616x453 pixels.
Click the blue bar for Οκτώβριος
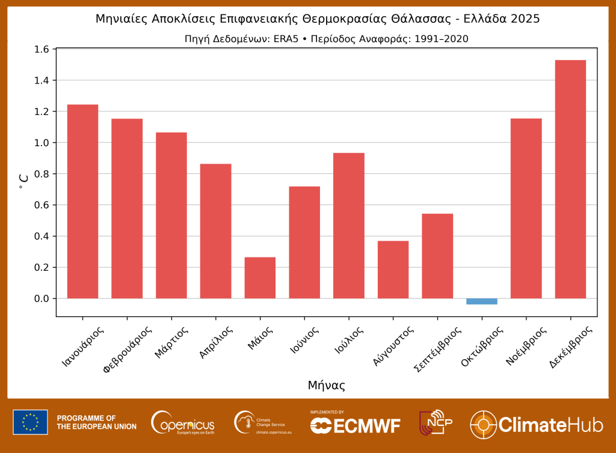pos(482,301)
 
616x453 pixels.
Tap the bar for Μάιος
pos(260,278)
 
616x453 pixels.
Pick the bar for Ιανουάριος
pos(82,202)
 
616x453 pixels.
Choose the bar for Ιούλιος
pos(348,226)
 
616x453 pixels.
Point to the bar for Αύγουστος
pos(393,270)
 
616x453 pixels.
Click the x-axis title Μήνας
pos(326,385)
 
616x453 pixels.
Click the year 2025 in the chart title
pos(525,19)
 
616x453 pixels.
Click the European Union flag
pos(30,422)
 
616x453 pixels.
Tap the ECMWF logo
pos(355,424)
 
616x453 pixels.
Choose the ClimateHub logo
pos(536,424)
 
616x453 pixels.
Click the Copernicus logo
pos(183,422)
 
